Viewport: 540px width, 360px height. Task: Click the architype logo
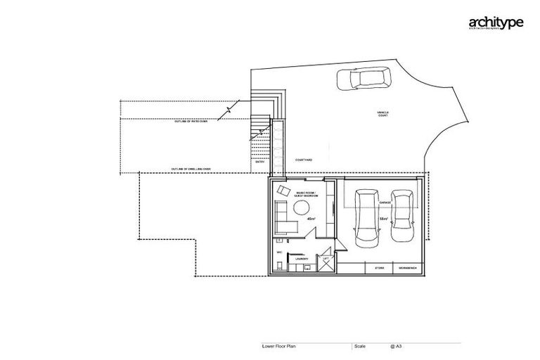(496, 24)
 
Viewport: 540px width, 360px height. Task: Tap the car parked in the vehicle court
(364, 79)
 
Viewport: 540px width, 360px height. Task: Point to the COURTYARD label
(304, 160)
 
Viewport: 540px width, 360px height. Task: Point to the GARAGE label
(385, 202)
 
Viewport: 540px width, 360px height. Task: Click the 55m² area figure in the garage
(384, 219)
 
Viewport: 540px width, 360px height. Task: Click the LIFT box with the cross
(326, 263)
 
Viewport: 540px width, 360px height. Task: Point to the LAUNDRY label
(302, 259)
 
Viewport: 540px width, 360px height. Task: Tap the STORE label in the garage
(379, 268)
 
